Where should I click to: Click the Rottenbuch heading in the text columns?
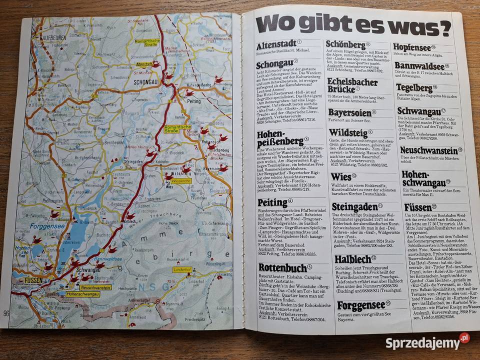coord(282,268)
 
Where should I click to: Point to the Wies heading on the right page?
coord(341,177)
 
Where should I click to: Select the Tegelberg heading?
coord(414,88)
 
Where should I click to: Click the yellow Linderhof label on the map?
coord(182,270)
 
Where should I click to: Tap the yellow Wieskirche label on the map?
coord(181,180)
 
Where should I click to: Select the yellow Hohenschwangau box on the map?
coord(83,294)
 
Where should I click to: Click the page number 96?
coord(6,313)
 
